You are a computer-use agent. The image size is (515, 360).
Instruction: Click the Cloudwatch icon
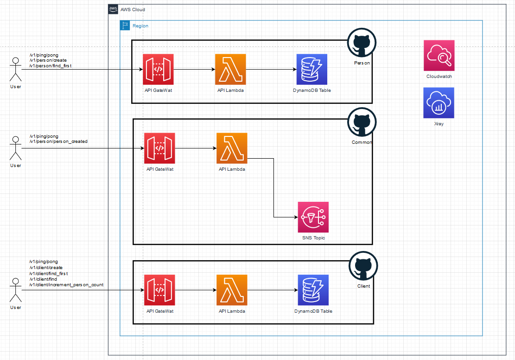click(x=439, y=56)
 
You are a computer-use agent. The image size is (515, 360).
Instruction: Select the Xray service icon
click(x=439, y=103)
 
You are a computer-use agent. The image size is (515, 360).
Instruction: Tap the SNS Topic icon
click(x=313, y=217)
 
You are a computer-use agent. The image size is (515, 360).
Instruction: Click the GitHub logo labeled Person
click(x=362, y=43)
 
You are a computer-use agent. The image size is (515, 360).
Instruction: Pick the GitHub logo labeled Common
click(x=362, y=122)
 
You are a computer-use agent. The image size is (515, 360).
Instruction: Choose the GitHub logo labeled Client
click(x=363, y=266)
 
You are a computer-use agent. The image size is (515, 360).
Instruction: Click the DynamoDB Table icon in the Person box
click(x=312, y=70)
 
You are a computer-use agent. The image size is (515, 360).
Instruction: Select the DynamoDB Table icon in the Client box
click(x=313, y=290)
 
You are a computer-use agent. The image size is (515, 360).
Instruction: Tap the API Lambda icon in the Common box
click(x=232, y=148)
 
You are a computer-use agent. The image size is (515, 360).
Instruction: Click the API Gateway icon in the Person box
click(x=158, y=70)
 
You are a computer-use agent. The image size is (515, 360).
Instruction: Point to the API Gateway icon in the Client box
click(x=159, y=290)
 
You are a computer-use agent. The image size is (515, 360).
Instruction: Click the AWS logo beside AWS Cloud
click(x=113, y=9)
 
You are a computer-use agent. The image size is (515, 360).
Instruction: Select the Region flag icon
click(x=125, y=26)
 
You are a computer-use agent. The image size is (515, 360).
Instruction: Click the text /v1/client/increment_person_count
click(x=66, y=285)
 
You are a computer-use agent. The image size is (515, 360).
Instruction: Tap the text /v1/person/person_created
click(x=58, y=141)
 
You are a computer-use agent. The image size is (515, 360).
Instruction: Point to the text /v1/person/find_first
click(x=50, y=66)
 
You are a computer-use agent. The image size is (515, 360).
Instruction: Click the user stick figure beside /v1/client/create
click(x=15, y=290)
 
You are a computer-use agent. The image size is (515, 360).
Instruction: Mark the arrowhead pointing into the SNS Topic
click(x=296, y=217)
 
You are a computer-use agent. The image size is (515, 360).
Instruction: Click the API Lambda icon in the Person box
click(x=230, y=70)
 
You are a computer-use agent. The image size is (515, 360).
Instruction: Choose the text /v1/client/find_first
click(x=49, y=274)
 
